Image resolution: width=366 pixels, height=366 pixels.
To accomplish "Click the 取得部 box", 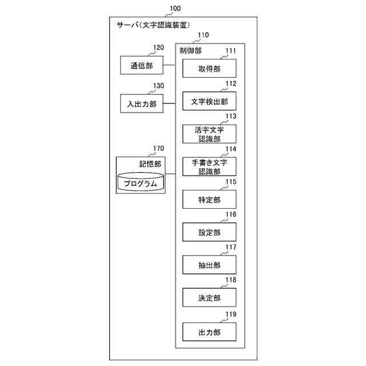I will pyautogui.click(x=209, y=69).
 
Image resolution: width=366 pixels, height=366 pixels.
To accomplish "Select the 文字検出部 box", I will pyautogui.click(x=209, y=102).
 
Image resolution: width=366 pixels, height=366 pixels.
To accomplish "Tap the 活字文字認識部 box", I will pyautogui.click(x=209, y=134).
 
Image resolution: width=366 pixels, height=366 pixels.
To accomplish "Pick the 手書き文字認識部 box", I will pyautogui.click(x=209, y=167).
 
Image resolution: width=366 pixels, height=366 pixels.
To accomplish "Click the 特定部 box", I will pyautogui.click(x=209, y=200).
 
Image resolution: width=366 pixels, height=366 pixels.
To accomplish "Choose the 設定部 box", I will pyautogui.click(x=209, y=232).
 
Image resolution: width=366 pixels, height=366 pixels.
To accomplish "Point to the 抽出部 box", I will pyautogui.click(x=209, y=265).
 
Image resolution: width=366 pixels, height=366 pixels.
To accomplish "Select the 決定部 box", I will pyautogui.click(x=209, y=297).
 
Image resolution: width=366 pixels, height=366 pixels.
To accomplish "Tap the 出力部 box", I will pyautogui.click(x=209, y=332).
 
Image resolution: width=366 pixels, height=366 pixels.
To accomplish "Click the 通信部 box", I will pyautogui.click(x=141, y=65).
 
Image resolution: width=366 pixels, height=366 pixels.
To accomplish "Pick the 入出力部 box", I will pyautogui.click(x=141, y=104).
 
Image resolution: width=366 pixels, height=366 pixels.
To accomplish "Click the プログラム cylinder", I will pyautogui.click(x=140, y=183).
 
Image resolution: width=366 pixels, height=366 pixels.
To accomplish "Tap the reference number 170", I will pyautogui.click(x=158, y=149).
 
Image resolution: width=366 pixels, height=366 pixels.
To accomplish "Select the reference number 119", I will pyautogui.click(x=230, y=314).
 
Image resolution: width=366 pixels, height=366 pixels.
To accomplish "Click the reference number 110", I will pyautogui.click(x=202, y=35).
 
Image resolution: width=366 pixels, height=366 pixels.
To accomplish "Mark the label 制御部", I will pyautogui.click(x=190, y=51).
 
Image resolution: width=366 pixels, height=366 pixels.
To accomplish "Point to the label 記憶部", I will pyautogui.click(x=150, y=164).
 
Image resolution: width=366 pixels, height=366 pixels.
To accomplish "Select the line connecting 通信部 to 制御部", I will pyautogui.click(x=169, y=65).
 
